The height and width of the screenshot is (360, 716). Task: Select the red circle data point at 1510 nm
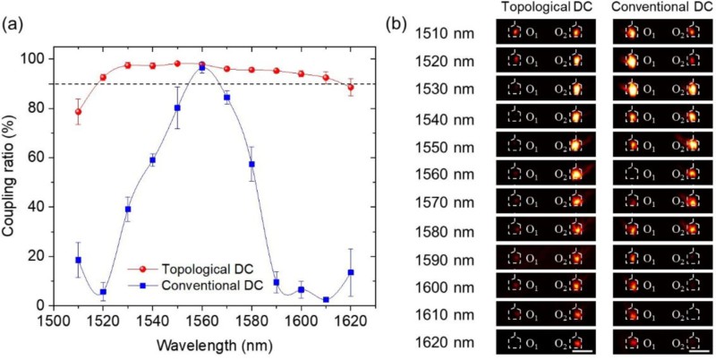79,112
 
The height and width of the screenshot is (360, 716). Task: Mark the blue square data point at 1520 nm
103,292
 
